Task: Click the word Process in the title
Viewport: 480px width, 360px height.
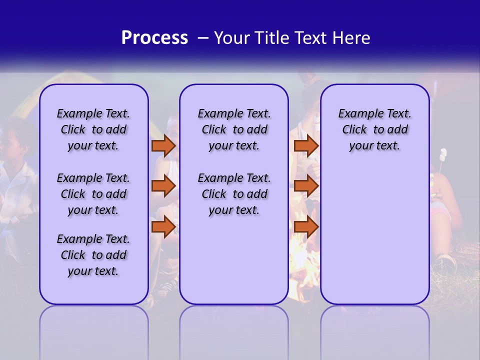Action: pyautogui.click(x=154, y=38)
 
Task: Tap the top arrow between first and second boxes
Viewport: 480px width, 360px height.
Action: pyautogui.click(x=163, y=145)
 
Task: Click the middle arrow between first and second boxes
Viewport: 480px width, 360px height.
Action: pyautogui.click(x=163, y=186)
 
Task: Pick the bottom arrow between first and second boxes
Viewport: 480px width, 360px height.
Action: pyautogui.click(x=163, y=226)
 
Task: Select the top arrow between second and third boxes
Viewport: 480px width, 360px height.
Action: pyautogui.click(x=306, y=145)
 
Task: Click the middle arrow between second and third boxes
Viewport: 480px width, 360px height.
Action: pyautogui.click(x=306, y=186)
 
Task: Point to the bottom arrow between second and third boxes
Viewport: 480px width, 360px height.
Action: pyautogui.click(x=306, y=226)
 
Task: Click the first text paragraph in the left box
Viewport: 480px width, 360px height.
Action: pyautogui.click(x=93, y=129)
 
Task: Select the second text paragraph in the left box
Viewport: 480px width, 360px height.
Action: pyautogui.click(x=93, y=194)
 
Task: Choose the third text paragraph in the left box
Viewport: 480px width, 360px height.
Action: pyautogui.click(x=93, y=255)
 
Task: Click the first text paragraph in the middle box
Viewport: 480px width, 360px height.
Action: pyautogui.click(x=234, y=129)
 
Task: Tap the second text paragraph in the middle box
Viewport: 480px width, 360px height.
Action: pyautogui.click(x=234, y=194)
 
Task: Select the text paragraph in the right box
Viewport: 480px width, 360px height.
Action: pyautogui.click(x=374, y=129)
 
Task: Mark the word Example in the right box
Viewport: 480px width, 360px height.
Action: pyautogui.click(x=358, y=113)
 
